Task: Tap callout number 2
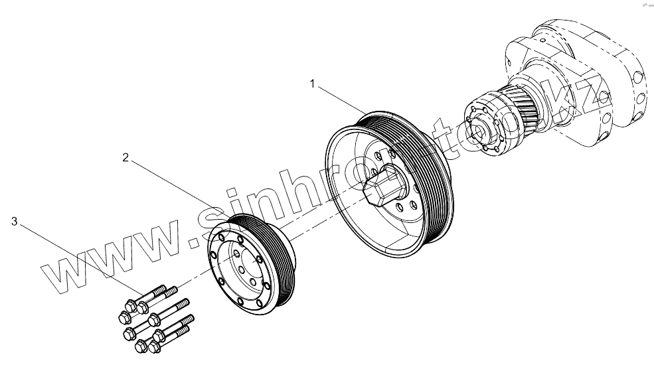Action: pos(124,157)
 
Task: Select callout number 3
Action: pos(13,222)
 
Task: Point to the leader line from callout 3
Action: pos(80,259)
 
